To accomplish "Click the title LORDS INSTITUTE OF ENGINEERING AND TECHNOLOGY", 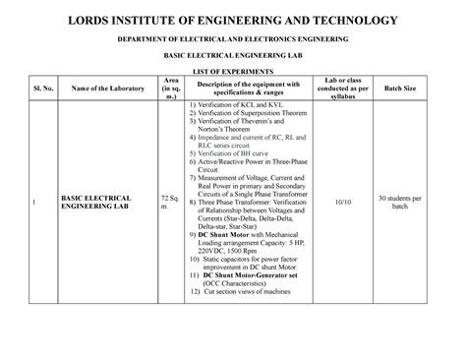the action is coord(232,20).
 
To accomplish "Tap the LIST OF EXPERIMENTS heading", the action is coord(232,74).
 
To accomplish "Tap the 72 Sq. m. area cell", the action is coord(165,204).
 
